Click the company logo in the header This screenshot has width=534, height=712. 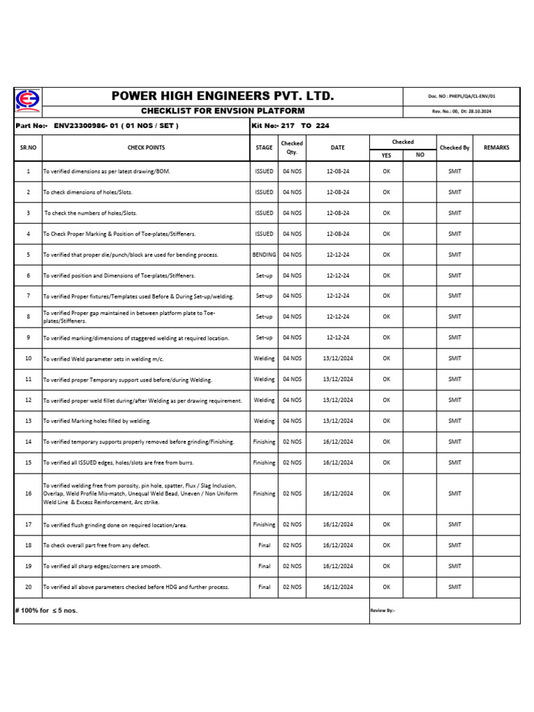coord(27,102)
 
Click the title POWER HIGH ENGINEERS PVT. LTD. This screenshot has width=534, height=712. coord(222,96)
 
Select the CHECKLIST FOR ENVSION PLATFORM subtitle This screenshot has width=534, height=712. coord(222,111)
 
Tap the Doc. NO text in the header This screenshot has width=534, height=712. coord(462,97)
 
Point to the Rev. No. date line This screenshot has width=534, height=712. coord(462,112)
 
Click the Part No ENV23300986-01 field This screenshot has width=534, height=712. coord(97,126)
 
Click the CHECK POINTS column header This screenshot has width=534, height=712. coord(146,147)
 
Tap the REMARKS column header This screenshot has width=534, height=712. coord(496,147)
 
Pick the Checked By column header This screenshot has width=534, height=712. coord(455,147)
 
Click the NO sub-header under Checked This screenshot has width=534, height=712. coord(420,155)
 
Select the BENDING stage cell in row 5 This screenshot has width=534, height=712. coord(264,254)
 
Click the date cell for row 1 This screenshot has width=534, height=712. coord(337,171)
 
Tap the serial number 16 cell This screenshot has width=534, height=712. coord(28,494)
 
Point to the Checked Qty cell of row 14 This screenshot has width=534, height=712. coord(292,442)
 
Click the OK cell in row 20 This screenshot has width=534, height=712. coord(387,587)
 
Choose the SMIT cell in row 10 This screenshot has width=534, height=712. coord(455,358)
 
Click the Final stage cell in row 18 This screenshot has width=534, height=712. coord(264,545)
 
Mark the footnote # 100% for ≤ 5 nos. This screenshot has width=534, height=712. coord(47,610)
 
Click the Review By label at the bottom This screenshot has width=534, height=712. coord(383,610)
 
